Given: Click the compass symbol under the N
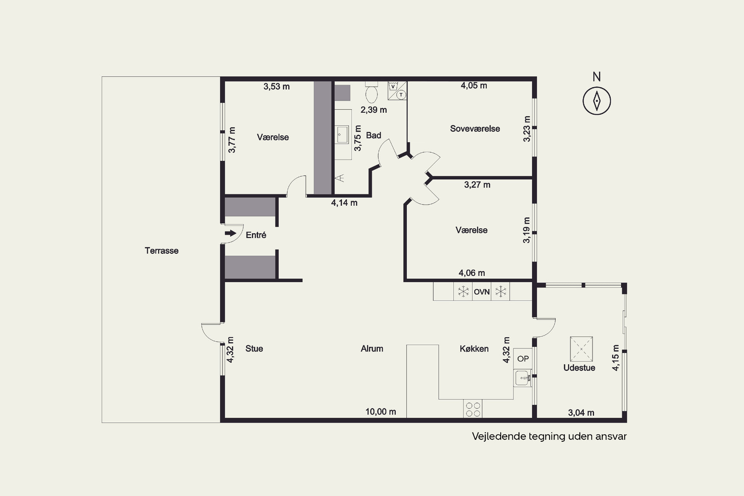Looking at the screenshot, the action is (597, 101).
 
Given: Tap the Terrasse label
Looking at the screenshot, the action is (162, 251).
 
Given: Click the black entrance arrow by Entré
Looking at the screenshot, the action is (231, 233).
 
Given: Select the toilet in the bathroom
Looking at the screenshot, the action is (372, 91).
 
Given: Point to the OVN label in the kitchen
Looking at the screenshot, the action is (482, 292).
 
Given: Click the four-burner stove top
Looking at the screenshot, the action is (473, 409).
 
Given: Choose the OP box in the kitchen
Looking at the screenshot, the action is (523, 359).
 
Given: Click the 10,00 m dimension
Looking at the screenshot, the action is (381, 412).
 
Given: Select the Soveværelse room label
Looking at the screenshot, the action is (475, 129).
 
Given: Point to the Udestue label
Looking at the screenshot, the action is (579, 368).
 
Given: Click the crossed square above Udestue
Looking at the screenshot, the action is (581, 349).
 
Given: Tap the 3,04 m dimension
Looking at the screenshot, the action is (581, 413).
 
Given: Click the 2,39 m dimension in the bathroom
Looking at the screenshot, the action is (374, 110).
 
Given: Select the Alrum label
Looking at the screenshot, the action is (372, 349).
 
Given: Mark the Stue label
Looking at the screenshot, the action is (254, 349).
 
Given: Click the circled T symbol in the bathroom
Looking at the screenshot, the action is (401, 95).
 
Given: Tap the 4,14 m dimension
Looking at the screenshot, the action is (344, 203).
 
